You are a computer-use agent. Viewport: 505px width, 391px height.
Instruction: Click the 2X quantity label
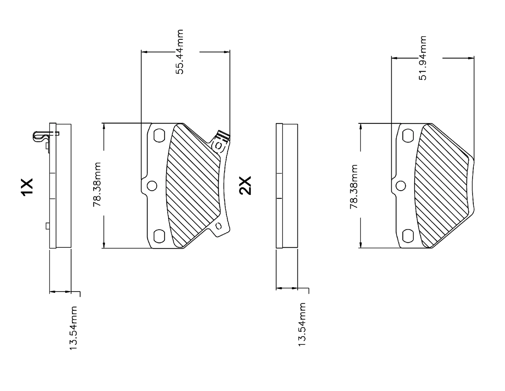pos(245,185)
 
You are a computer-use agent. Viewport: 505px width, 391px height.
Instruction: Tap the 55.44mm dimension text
pos(180,52)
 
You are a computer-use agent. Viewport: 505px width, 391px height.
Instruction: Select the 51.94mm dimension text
pos(423,58)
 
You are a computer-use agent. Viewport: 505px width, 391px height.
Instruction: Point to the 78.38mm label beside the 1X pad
pos(97,185)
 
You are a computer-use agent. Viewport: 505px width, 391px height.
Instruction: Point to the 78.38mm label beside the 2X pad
pos(354,187)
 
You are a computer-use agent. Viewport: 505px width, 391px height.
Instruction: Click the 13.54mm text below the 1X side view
pos(73,328)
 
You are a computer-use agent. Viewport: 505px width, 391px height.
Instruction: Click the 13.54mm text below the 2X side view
pos(302,325)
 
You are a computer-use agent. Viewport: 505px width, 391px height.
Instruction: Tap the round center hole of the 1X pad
pos(152,186)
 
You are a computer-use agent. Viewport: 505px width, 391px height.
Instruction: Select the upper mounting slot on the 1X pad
pos(159,135)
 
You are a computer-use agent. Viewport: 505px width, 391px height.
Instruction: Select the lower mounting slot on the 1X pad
pos(159,236)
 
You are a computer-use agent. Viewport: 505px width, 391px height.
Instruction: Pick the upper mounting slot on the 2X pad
pos(408,136)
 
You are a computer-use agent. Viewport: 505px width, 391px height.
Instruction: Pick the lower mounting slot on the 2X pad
pos(408,236)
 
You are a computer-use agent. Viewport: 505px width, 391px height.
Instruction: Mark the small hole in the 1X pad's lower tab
pos(219,226)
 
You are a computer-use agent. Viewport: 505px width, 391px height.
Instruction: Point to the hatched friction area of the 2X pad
pos(443,185)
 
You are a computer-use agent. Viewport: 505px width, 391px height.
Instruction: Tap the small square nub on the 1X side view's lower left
pos(48,226)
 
